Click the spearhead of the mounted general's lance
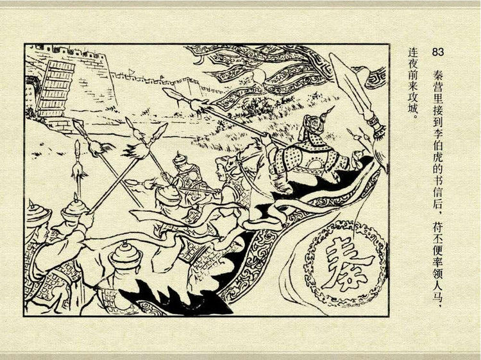point(174,96)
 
